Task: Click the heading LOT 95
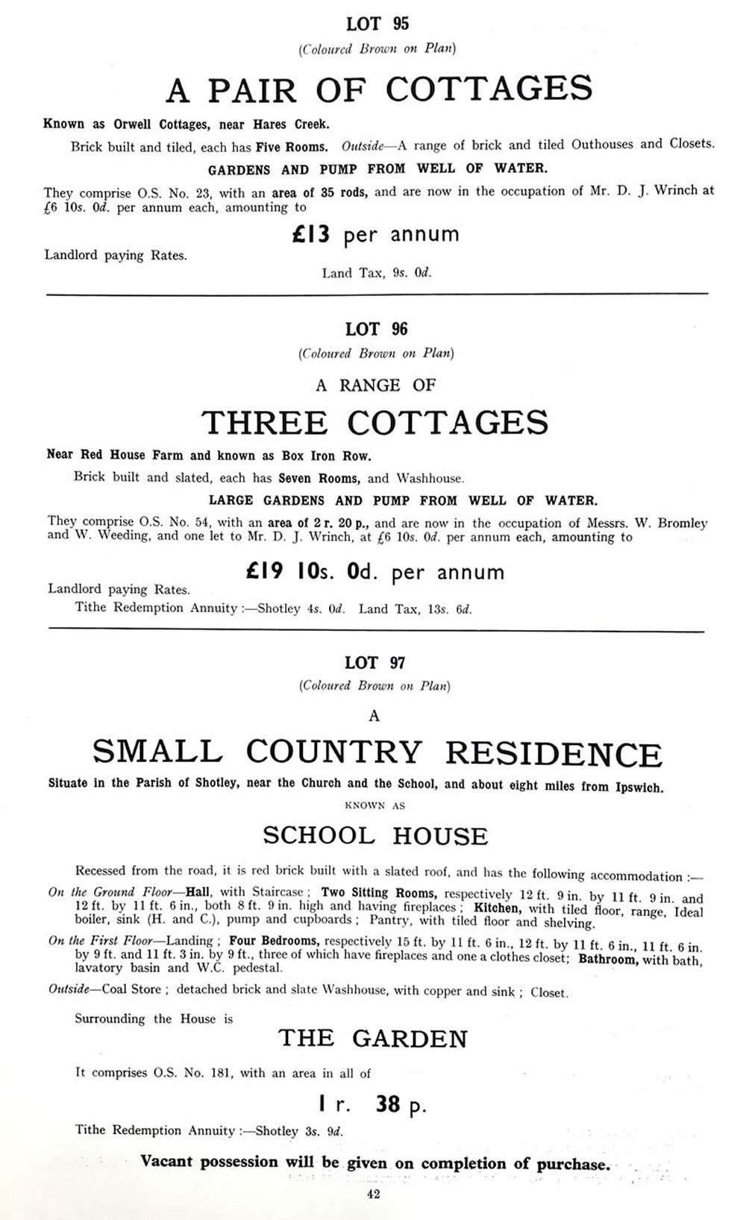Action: [377, 25]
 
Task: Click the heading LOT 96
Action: [377, 329]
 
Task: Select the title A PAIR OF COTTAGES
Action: [379, 89]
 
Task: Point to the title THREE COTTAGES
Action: [375, 423]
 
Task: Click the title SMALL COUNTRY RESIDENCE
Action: [377, 752]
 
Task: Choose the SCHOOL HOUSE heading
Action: [375, 835]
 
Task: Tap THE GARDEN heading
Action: [373, 1038]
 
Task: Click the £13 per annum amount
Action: [375, 235]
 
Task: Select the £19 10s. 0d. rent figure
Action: [375, 572]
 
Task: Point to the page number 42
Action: [374, 1195]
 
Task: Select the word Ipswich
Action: [639, 787]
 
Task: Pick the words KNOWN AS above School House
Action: [375, 805]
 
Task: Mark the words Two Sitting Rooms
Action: [377, 893]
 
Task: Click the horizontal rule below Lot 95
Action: [377, 295]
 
